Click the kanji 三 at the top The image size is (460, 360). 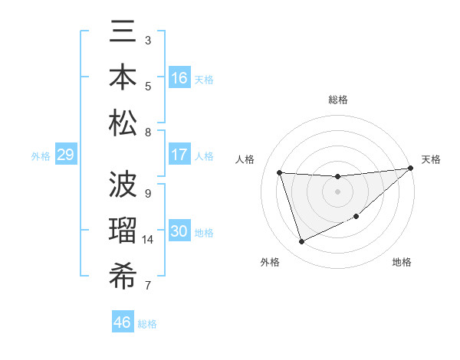[x=123, y=34]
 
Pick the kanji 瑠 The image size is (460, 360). [x=123, y=231]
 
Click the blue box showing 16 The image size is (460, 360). [x=179, y=78]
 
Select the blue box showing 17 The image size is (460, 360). [x=179, y=155]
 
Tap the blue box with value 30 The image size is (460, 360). [x=179, y=232]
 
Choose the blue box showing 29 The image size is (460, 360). [x=65, y=155]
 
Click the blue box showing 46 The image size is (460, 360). [x=123, y=322]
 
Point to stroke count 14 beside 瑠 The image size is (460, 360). [x=148, y=240]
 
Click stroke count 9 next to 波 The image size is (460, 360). [x=148, y=193]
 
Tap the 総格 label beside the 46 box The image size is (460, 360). [x=147, y=324]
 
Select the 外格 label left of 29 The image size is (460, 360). [x=41, y=156]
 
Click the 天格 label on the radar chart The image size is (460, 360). [x=431, y=159]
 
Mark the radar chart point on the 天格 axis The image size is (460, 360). [x=411, y=169]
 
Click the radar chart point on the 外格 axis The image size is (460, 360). [x=301, y=242]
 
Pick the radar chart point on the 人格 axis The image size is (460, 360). [x=280, y=172]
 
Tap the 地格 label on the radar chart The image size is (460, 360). [x=402, y=262]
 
